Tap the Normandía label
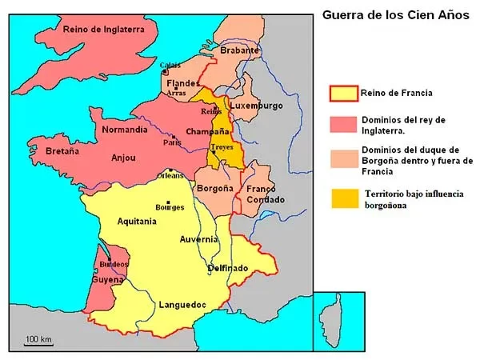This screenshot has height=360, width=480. point(124,129)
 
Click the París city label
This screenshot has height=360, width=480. point(172,142)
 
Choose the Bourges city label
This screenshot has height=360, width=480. point(169,206)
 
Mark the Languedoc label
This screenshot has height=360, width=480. point(183,305)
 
